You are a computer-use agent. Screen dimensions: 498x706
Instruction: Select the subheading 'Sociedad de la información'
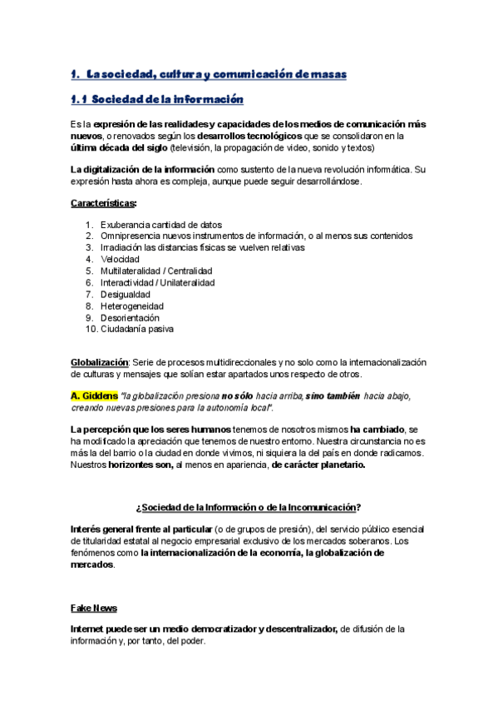coord(166,100)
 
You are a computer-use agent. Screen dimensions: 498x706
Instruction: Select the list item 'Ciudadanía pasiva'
coord(137,329)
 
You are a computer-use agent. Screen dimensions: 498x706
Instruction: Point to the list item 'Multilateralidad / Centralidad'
coord(156,271)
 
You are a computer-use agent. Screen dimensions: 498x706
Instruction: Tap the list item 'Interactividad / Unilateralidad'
coord(158,282)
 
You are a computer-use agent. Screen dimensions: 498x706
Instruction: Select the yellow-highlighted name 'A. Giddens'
coord(94,395)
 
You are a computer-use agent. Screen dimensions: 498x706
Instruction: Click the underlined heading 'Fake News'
coord(94,608)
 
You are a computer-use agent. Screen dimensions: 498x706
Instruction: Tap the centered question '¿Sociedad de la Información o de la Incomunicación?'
coord(248,507)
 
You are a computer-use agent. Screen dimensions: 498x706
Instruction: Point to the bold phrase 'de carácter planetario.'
coord(318,465)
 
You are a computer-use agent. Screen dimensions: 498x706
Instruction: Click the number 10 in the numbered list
coord(91,329)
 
